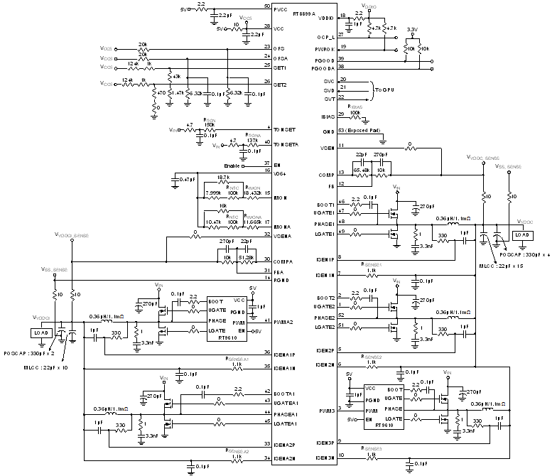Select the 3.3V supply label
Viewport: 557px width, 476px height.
tap(411, 30)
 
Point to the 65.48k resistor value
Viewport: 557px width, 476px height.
tap(362, 171)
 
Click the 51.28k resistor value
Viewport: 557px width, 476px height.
tap(246, 256)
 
